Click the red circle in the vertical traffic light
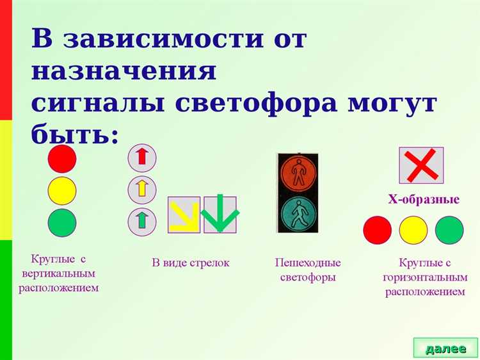[x=62, y=159]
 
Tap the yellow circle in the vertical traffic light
[x=62, y=191]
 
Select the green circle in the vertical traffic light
[x=62, y=223]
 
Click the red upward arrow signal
[x=142, y=157]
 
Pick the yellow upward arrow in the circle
[x=142, y=189]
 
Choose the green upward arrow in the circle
[x=142, y=221]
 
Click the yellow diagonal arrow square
[x=184, y=215]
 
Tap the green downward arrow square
[x=220, y=215]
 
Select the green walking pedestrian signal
[x=297, y=213]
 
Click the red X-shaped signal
[x=421, y=165]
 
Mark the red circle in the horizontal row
[x=377, y=230]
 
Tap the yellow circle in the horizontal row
[x=413, y=230]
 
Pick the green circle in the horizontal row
[x=449, y=230]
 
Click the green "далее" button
[x=445, y=348]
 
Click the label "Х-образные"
[x=423, y=200]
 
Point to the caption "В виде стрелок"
[x=190, y=263]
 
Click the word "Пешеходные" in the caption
[x=308, y=263]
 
